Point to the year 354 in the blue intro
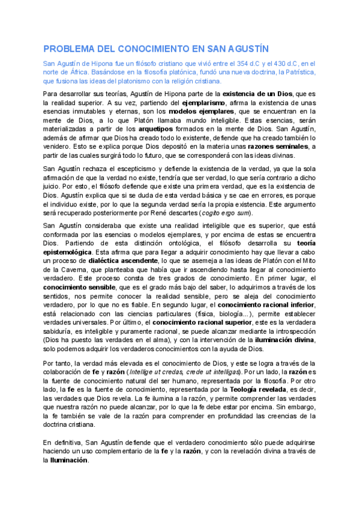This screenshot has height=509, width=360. tap(230, 63)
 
